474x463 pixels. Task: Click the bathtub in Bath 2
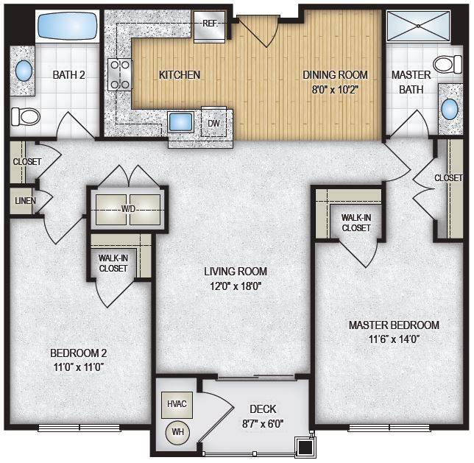68,26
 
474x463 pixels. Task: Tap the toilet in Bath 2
25,116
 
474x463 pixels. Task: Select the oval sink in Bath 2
24,71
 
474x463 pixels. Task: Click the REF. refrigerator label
210,24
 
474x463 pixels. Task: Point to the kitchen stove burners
120,74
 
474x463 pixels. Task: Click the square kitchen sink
181,122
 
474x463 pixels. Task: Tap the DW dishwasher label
213,124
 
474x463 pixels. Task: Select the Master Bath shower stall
419,26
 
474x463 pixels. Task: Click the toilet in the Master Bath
448,64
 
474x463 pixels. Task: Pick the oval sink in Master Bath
450,109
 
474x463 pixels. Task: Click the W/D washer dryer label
128,208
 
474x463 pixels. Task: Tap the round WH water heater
178,433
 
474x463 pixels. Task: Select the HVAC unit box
177,405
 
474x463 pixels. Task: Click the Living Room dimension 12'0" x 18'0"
236,286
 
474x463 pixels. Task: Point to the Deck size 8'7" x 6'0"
263,424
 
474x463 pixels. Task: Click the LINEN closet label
25,200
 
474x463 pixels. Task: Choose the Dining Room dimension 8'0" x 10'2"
335,90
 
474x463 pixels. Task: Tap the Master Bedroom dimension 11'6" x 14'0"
394,339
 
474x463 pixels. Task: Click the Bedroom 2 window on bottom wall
79,428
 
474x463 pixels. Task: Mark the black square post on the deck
305,446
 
